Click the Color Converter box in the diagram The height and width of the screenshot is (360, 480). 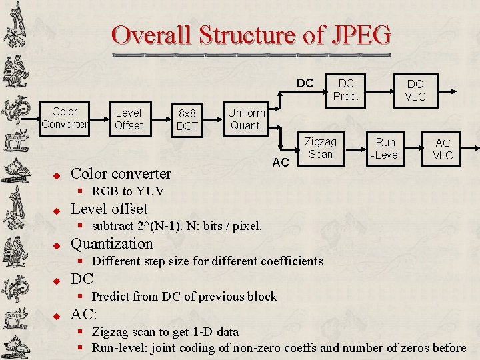[x=65, y=118]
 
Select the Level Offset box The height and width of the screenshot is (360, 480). [x=129, y=119]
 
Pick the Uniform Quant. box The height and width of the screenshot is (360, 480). [x=246, y=118]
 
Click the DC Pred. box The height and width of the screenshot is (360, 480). [x=346, y=90]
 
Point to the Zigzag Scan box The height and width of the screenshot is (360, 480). [x=320, y=147]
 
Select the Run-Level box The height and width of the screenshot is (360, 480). [x=385, y=148]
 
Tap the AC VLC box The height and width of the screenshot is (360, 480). [x=443, y=149]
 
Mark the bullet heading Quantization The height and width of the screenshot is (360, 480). [x=112, y=243]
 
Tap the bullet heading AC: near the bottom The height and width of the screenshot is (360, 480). [x=84, y=314]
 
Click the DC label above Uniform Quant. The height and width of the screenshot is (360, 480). [x=305, y=83]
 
